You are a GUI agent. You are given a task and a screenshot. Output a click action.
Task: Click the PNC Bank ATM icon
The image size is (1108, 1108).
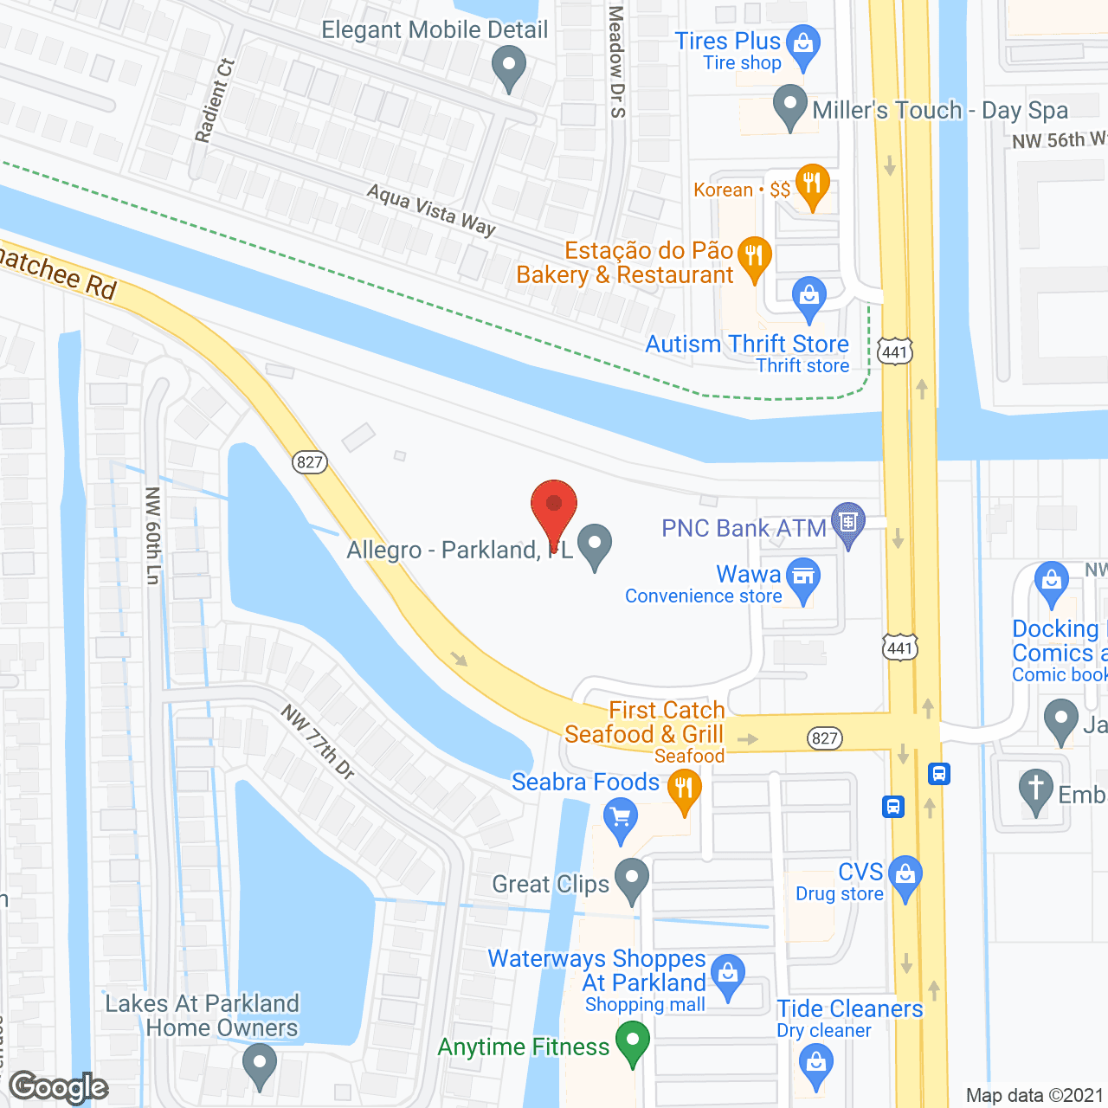pyautogui.click(x=848, y=522)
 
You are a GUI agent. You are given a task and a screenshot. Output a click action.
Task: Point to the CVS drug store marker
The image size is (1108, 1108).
pyautogui.click(x=905, y=876)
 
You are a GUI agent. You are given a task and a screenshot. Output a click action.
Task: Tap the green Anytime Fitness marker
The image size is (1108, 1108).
pyautogui.click(x=633, y=1040)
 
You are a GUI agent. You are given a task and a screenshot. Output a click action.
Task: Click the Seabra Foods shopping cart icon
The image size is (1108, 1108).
pyautogui.click(x=621, y=818)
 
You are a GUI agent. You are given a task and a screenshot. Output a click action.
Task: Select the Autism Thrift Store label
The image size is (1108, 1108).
pyautogui.click(x=747, y=344)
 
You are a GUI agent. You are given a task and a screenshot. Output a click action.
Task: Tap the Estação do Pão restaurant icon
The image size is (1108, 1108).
pyautogui.click(x=754, y=256)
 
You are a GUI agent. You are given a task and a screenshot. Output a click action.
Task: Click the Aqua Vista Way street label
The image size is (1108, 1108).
pyautogui.click(x=431, y=209)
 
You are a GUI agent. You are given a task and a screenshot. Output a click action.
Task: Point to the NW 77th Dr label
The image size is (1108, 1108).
pyautogui.click(x=319, y=742)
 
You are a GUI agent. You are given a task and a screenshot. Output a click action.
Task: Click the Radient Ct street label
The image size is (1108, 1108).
pyautogui.click(x=214, y=100)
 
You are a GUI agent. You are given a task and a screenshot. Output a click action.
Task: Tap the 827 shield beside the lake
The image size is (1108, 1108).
pyautogui.click(x=309, y=461)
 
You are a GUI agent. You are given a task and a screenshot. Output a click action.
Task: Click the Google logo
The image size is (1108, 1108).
pyautogui.click(x=59, y=1087)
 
